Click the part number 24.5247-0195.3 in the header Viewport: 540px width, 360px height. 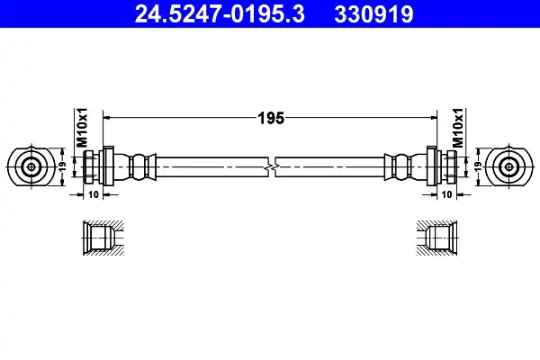pos(220,14)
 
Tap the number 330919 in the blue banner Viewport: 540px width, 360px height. pos(373,14)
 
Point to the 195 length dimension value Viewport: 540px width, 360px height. pos(271,118)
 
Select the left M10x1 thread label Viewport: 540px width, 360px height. pos(82,128)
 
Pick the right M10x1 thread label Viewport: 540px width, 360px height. pos(458,128)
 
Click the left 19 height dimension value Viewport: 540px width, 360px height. pos(62,167)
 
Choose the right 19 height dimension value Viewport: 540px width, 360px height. pos(478,167)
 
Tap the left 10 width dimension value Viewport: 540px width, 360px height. pos(94,194)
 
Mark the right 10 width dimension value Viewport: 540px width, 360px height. pos(446,194)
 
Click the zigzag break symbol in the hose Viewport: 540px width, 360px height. pos(272,167)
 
